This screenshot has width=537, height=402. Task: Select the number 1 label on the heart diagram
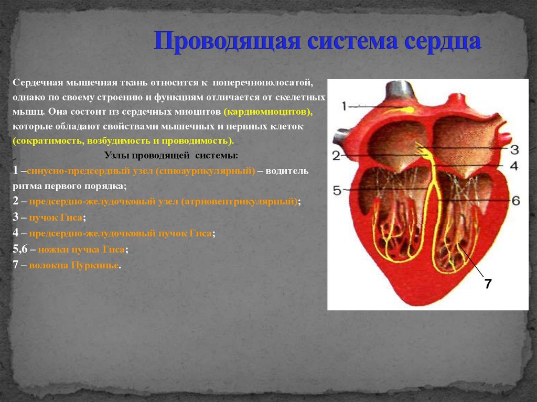[343, 106]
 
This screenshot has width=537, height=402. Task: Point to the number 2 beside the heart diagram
[336, 156]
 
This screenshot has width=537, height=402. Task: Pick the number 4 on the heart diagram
[514, 166]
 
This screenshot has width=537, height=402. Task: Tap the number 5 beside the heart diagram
[337, 190]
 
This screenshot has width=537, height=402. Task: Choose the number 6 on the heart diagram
[515, 201]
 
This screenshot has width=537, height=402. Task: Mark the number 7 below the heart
[488, 284]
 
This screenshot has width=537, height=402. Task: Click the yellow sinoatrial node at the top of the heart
[406, 109]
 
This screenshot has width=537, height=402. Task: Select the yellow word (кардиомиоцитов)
[267, 112]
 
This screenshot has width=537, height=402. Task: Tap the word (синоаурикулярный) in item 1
[205, 171]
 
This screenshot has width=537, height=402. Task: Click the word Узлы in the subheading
[114, 156]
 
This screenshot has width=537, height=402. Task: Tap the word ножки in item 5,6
[44, 249]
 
